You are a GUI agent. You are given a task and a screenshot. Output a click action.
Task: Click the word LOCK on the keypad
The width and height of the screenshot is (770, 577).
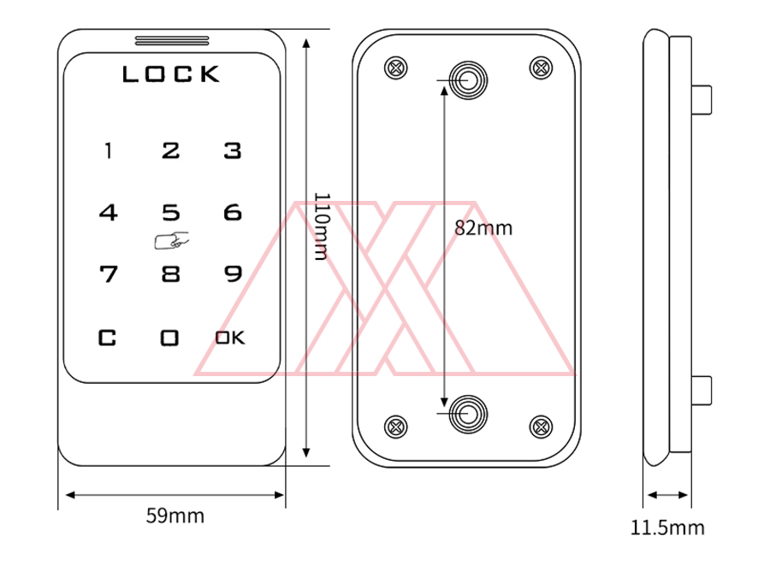pos(171,74)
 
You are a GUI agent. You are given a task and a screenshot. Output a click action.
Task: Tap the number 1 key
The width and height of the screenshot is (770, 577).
pos(109,150)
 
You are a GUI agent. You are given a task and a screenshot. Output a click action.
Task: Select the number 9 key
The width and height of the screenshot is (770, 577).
pos(233,274)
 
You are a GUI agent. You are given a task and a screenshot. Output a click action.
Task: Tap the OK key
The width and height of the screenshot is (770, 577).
pos(230,338)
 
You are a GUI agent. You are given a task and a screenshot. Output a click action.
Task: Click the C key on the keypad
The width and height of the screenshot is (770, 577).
pos(107,338)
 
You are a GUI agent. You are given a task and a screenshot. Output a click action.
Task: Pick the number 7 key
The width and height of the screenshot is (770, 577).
pos(109,274)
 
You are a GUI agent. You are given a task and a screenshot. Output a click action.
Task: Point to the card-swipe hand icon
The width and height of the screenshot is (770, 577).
pos(171,240)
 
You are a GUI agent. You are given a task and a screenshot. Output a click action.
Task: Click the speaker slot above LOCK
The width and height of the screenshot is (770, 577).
pos(172,41)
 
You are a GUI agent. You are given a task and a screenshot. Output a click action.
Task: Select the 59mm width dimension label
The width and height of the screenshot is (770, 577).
pos(175,515)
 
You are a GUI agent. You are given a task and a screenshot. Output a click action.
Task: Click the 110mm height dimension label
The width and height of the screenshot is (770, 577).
pos(321,226)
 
